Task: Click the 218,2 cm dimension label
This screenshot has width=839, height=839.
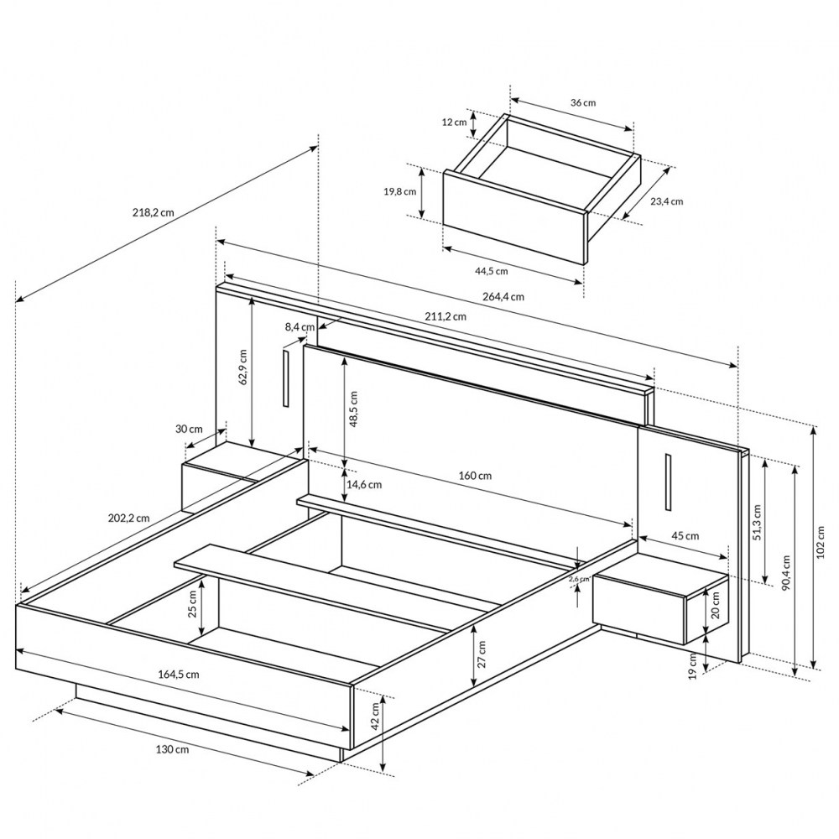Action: (x=153, y=212)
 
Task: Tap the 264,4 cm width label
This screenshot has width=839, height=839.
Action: (x=503, y=296)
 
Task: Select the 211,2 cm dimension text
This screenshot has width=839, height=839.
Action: (x=446, y=316)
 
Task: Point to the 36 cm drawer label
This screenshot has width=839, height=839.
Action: (x=583, y=102)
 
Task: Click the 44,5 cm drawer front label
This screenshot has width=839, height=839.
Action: (x=491, y=271)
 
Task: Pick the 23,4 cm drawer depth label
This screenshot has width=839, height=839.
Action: (x=667, y=201)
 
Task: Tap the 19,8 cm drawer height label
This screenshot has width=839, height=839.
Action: (x=399, y=191)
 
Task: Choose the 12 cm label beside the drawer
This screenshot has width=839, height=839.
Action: (x=454, y=122)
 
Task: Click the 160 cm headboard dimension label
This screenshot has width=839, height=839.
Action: (x=475, y=476)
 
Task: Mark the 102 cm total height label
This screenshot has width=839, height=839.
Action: (x=821, y=541)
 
